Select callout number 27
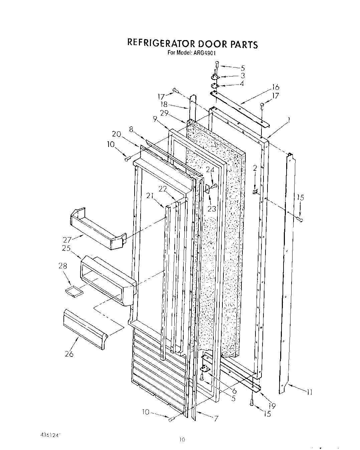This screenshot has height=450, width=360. (68, 239)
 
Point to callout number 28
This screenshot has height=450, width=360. (62, 266)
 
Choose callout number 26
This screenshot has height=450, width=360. (69, 354)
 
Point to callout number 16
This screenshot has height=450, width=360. (275, 87)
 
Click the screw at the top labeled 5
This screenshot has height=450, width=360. (217, 63)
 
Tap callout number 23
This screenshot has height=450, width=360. (212, 209)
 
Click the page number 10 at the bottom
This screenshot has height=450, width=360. (182, 440)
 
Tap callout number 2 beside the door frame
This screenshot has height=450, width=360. (255, 168)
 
